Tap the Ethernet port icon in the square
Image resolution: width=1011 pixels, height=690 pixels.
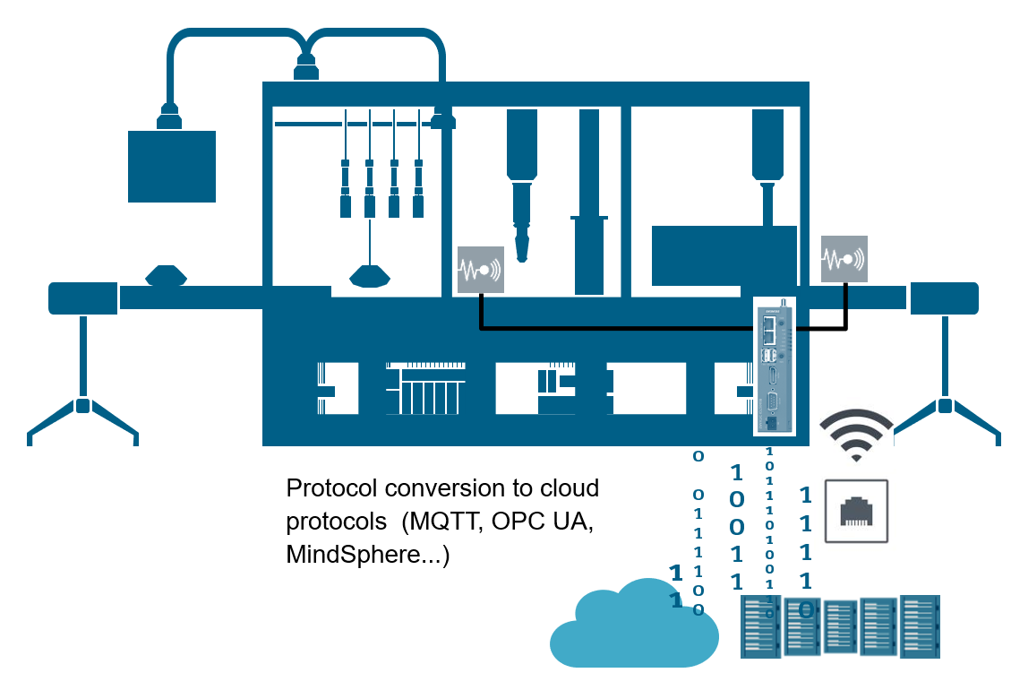point(856,511)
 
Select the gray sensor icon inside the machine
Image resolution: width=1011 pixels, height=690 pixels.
point(481,269)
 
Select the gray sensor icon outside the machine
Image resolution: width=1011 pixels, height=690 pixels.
point(844,259)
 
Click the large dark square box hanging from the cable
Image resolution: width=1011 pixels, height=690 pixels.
point(172,167)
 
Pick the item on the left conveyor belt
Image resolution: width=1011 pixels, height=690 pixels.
point(166,275)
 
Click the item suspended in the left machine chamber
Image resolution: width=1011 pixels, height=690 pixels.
point(370,275)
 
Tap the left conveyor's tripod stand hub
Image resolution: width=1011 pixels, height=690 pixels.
point(82,405)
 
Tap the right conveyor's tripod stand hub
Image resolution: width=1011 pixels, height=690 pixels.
point(945,405)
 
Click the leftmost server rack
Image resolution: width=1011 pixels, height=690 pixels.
point(760,627)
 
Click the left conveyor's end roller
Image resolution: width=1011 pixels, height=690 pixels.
point(82,298)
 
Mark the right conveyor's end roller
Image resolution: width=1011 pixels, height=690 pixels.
point(944,298)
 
